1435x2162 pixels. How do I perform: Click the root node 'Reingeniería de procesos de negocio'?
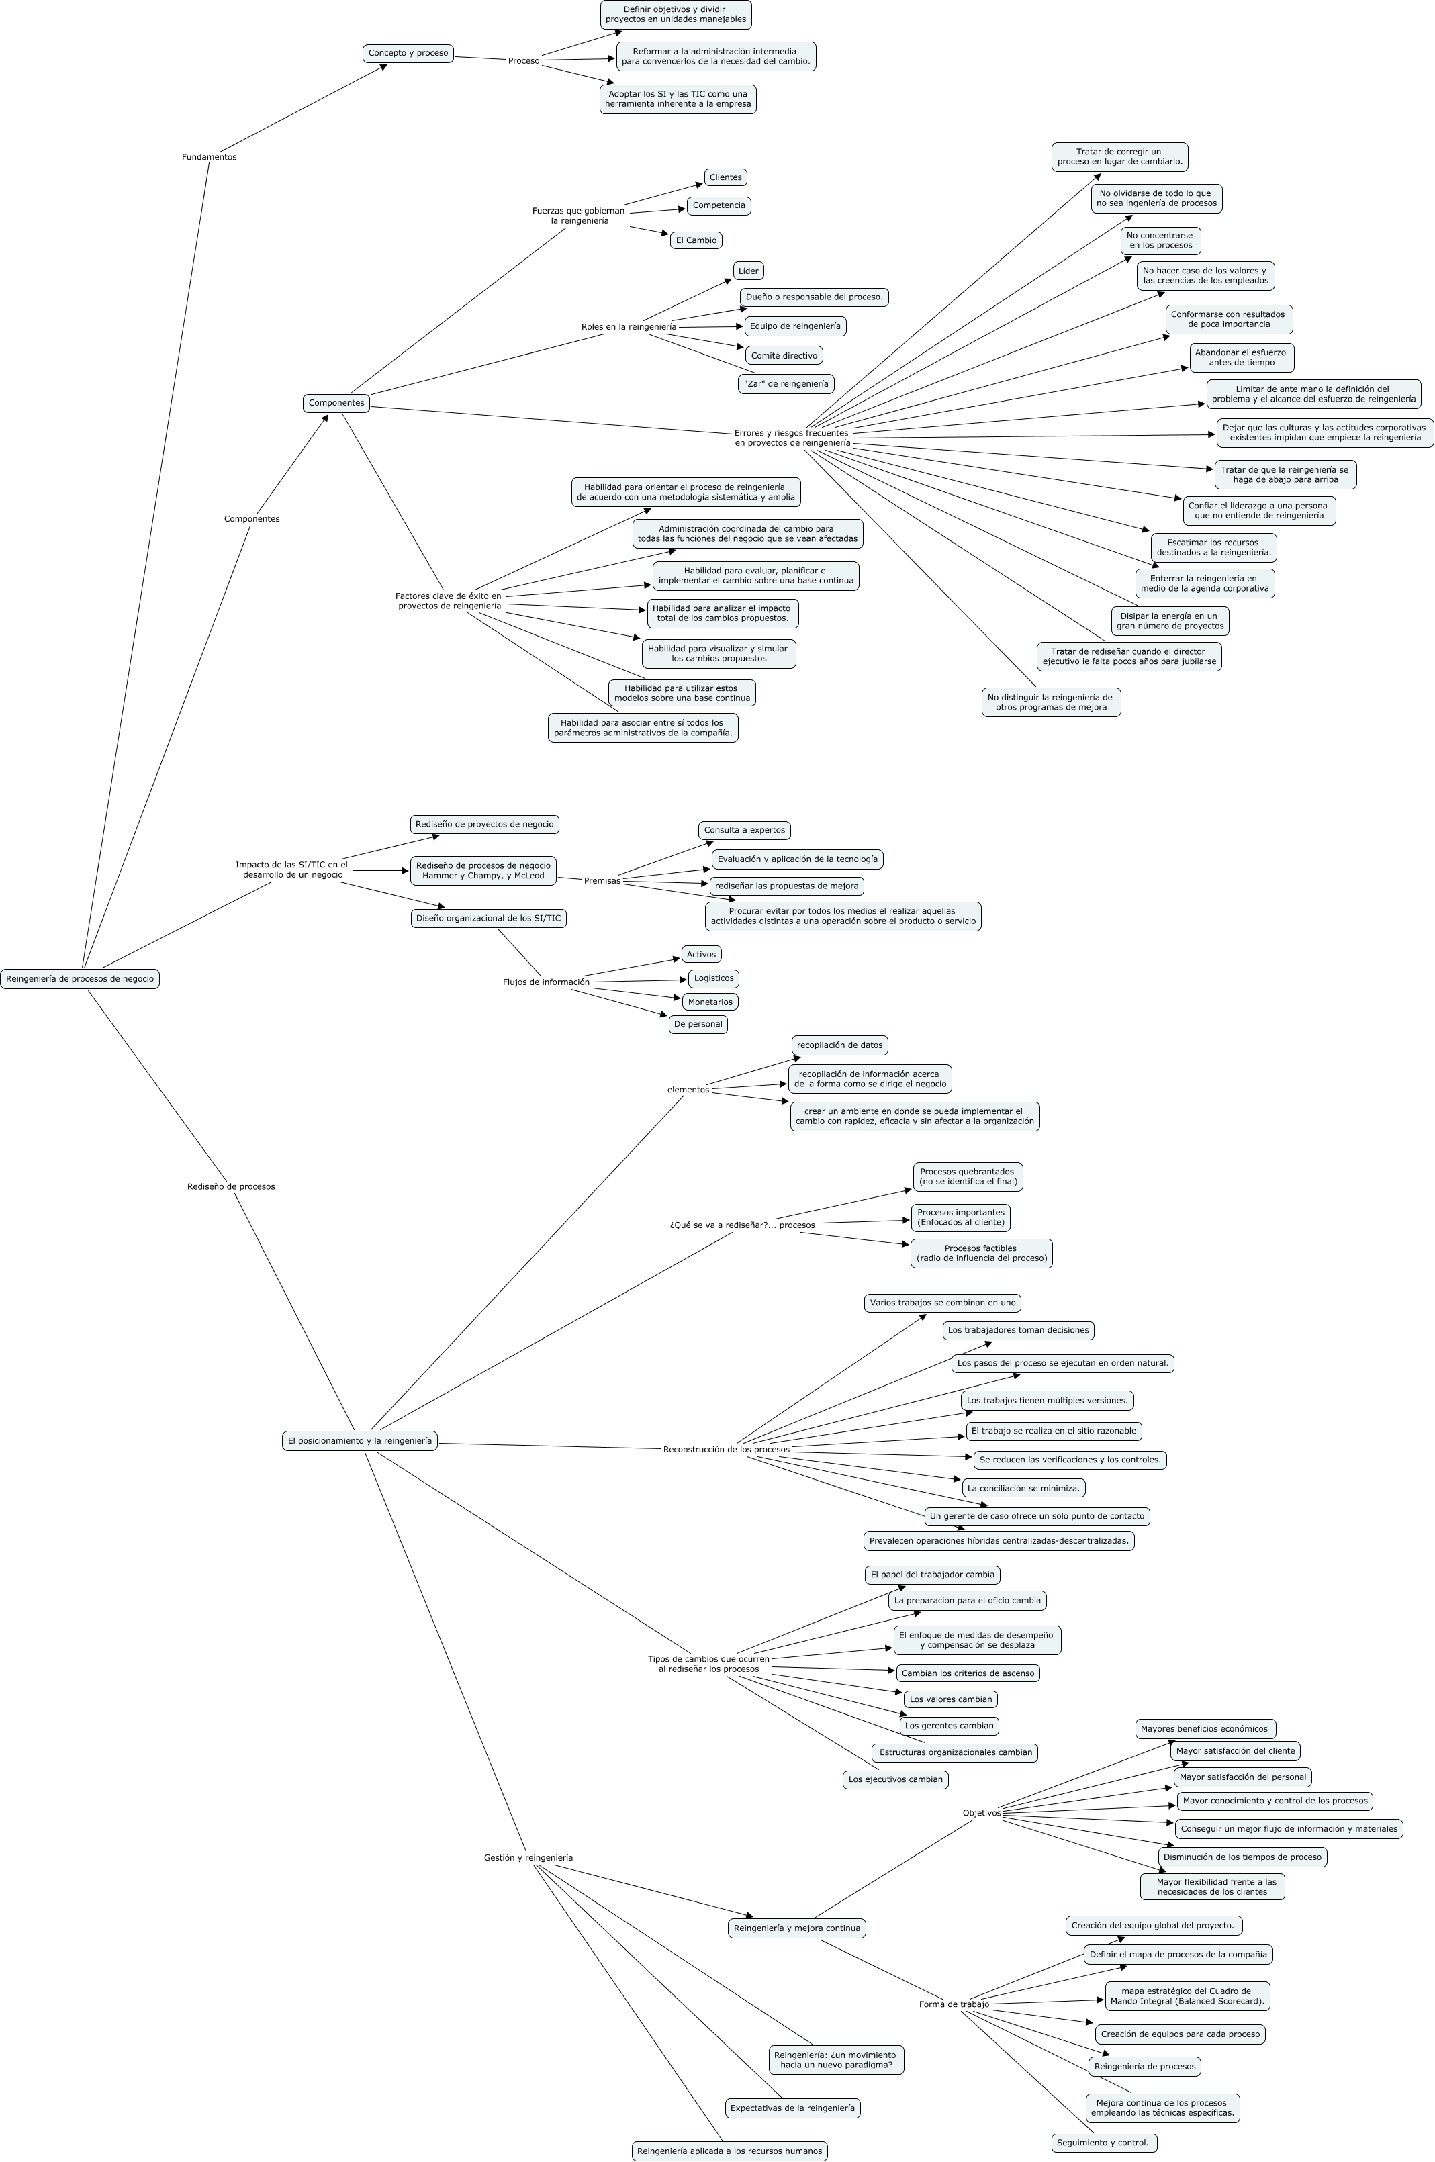click(80, 978)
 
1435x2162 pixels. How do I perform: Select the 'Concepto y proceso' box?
click(408, 53)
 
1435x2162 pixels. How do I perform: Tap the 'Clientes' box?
click(726, 177)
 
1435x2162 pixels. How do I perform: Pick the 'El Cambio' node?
click(696, 240)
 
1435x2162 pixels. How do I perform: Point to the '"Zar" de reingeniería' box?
click(786, 383)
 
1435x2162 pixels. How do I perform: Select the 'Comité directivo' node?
click(784, 355)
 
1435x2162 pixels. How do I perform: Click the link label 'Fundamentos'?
click(209, 156)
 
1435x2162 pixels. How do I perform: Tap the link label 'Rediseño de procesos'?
click(230, 1186)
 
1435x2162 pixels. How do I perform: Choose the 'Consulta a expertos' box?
click(744, 830)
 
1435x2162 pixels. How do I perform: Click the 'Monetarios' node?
click(710, 1002)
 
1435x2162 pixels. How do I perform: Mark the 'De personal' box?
click(698, 1024)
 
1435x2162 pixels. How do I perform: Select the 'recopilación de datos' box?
click(839, 1045)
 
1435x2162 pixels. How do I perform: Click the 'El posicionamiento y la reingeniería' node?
click(360, 1440)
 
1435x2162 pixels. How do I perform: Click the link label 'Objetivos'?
click(982, 1812)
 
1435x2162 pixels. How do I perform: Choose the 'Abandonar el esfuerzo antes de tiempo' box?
click(1241, 357)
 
